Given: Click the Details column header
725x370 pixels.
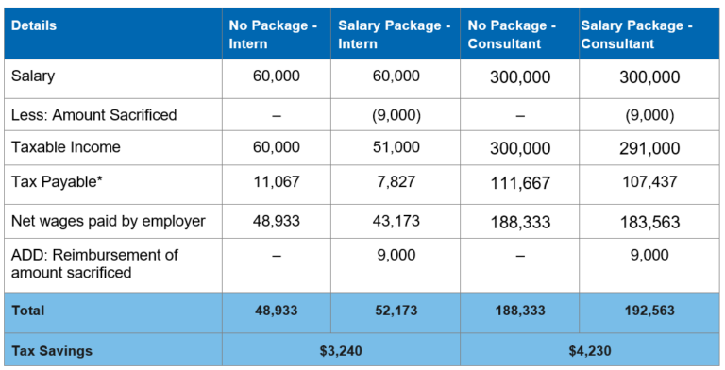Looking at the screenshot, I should pos(34,25).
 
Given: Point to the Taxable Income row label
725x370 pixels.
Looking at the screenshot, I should pos(66,147).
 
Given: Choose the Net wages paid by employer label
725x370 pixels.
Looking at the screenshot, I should pos(109,221).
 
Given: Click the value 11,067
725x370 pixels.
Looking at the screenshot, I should pos(277,181).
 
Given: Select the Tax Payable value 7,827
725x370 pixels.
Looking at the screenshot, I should pos(396,181).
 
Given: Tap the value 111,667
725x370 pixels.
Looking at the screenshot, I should pos(519,182).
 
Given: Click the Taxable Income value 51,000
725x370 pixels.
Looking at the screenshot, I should pos(396,147).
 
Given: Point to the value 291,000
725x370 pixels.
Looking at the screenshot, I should pos(649,148).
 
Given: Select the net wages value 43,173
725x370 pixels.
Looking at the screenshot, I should pos(396,221).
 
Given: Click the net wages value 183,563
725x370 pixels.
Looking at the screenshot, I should pos(649,221).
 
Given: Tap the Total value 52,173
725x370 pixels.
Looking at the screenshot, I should pos(396,310).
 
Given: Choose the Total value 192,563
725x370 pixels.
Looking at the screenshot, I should pos(649,310).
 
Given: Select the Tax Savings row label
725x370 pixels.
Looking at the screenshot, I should pos(52,350).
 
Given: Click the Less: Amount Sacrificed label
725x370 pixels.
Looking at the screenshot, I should pos(93,115).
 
